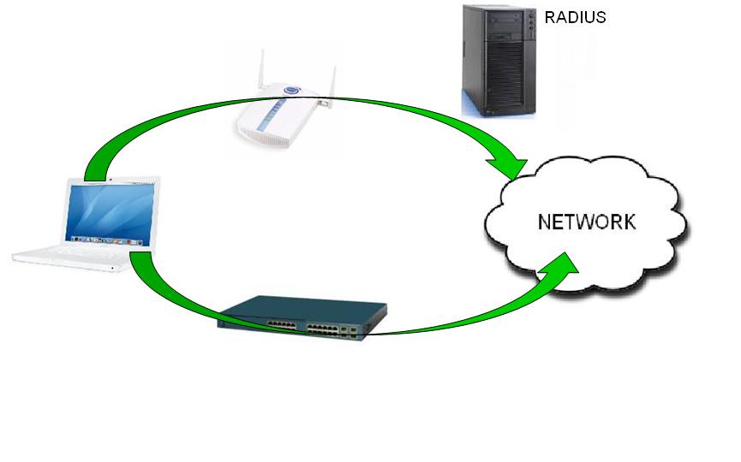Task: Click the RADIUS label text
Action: (576, 17)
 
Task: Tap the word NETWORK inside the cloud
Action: (587, 222)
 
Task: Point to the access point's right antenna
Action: (328, 81)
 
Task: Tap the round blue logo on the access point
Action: (291, 92)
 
